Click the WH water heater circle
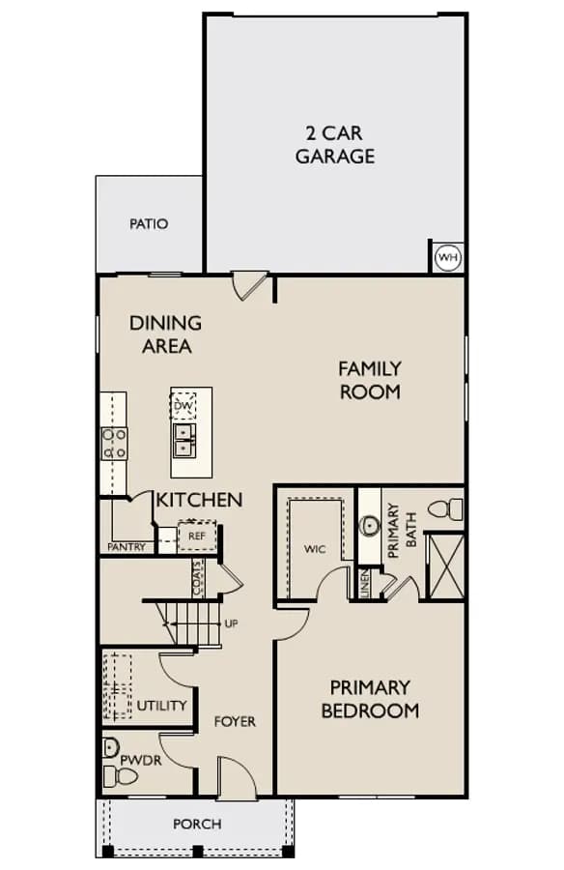[x=448, y=257]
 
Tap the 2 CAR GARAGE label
[x=335, y=145]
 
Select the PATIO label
[x=149, y=224]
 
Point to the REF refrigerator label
[x=197, y=536]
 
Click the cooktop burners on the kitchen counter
[x=114, y=444]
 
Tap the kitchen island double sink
[x=183, y=440]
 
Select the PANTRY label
[x=127, y=547]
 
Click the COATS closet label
[x=198, y=578]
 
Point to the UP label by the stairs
[x=231, y=623]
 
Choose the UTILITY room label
[x=161, y=706]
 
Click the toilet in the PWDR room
[x=119, y=777]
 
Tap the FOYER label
[x=235, y=722]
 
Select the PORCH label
[x=197, y=824]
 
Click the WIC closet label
[x=315, y=549]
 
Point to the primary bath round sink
[x=369, y=526]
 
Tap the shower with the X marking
[x=446, y=565]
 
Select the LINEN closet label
[x=364, y=584]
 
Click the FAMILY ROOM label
[x=370, y=380]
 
